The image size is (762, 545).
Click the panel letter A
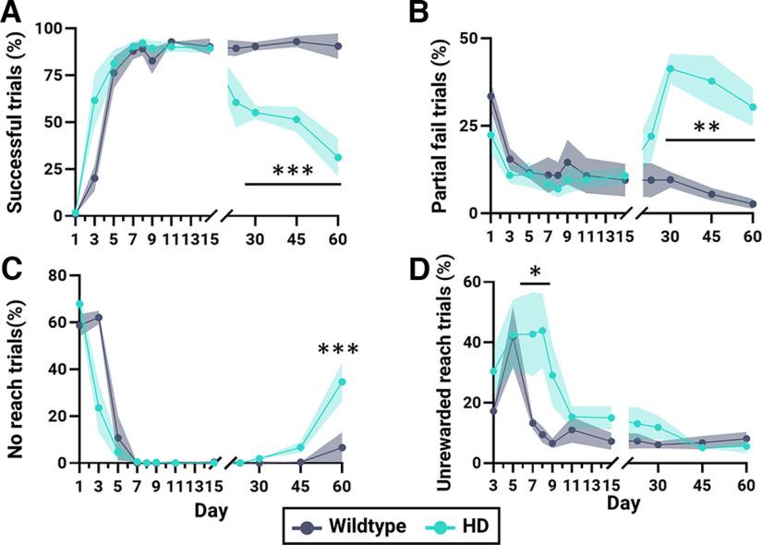[x=14, y=13]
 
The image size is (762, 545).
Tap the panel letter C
[x=14, y=269]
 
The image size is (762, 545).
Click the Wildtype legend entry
[x=352, y=526]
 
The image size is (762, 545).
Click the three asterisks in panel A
[x=293, y=172]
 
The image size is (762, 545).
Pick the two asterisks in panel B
[x=708, y=127]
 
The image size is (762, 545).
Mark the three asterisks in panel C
[x=337, y=350]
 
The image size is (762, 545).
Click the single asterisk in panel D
[x=534, y=272]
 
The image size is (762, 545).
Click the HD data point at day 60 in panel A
[x=339, y=158]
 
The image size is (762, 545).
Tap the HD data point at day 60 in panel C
[x=342, y=381]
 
